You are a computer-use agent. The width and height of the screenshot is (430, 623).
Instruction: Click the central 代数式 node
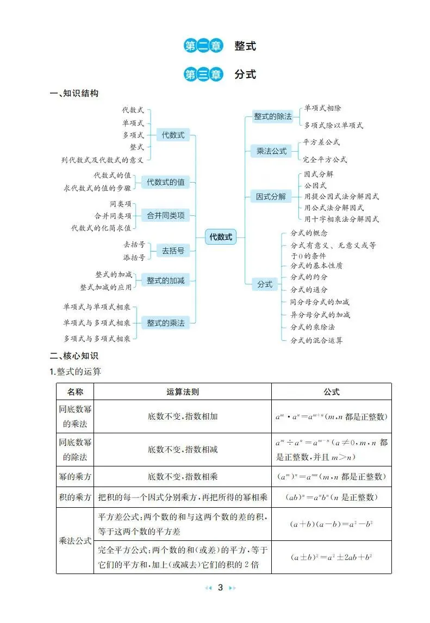click(x=221, y=237)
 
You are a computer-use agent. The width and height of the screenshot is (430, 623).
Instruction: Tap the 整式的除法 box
click(x=273, y=116)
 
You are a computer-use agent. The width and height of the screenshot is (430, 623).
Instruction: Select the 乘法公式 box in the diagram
click(x=271, y=152)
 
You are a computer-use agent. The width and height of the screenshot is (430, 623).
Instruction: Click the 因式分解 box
click(x=271, y=197)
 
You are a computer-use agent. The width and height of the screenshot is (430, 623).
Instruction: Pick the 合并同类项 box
click(x=166, y=216)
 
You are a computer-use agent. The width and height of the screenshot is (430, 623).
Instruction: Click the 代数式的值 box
click(x=166, y=183)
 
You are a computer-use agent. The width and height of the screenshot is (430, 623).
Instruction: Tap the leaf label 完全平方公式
click(x=325, y=160)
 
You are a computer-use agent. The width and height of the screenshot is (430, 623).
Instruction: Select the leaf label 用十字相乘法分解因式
click(x=341, y=220)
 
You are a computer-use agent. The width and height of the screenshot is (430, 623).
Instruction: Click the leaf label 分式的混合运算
click(x=316, y=340)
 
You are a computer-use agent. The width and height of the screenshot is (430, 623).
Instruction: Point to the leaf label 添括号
click(x=134, y=257)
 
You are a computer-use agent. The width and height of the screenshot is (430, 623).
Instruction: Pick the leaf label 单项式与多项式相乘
click(x=97, y=323)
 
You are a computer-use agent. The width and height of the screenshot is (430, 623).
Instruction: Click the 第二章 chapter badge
click(x=203, y=46)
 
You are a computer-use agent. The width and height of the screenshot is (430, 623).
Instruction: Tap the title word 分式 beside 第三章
click(x=245, y=74)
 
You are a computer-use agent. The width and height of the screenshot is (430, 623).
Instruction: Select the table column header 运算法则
click(x=182, y=392)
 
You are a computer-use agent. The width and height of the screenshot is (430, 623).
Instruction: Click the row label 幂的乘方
click(x=75, y=477)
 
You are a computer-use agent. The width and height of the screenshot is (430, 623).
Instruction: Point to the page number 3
click(x=220, y=588)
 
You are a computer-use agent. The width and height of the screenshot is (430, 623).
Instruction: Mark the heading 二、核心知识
click(x=74, y=357)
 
